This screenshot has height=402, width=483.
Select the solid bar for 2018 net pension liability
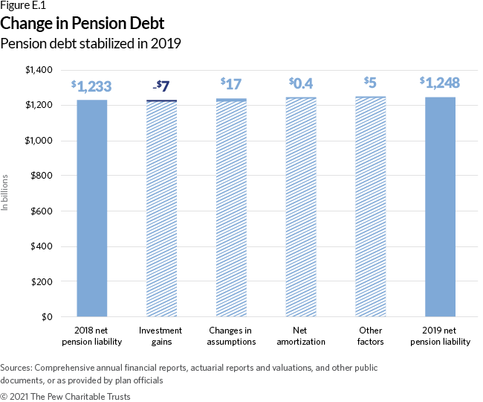point(92,208)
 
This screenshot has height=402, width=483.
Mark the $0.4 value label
point(300,84)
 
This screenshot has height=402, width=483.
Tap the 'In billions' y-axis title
point(6,193)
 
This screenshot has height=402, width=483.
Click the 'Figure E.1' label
point(23,7)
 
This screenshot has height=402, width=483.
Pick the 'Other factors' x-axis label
point(370,336)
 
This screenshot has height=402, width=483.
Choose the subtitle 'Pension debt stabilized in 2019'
point(91,43)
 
